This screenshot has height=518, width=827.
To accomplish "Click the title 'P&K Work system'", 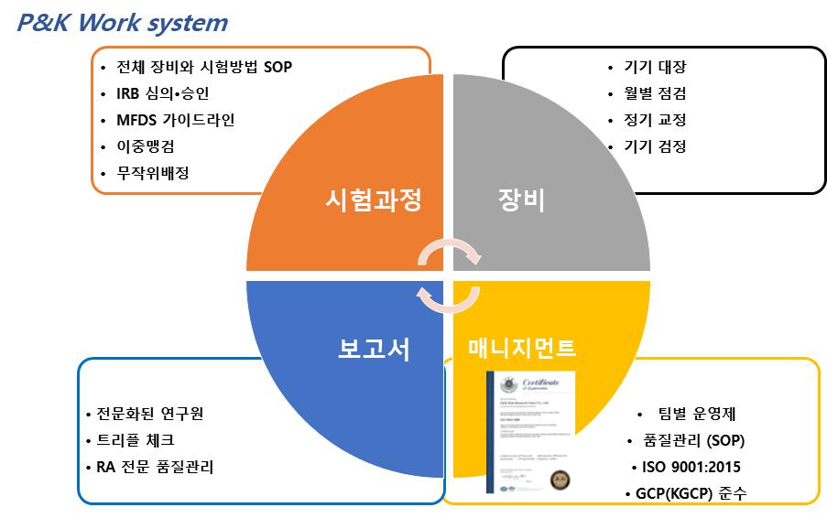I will [x=122, y=22].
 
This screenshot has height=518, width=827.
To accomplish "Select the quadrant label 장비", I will [x=521, y=200].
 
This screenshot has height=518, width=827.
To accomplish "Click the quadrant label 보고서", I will [x=370, y=349].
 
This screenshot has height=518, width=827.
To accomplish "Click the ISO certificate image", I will [x=533, y=431].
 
